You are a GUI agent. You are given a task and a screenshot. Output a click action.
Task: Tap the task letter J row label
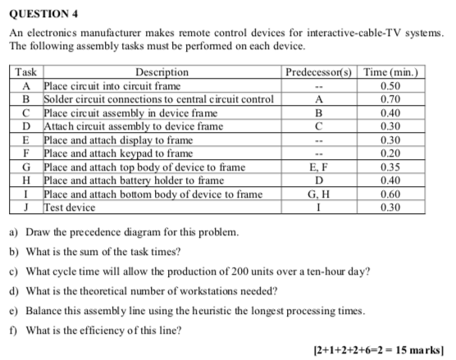pos(28,207)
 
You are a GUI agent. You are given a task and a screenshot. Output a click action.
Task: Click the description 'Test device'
pos(69,207)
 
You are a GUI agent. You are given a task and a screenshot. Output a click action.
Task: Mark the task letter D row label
pos(28,126)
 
